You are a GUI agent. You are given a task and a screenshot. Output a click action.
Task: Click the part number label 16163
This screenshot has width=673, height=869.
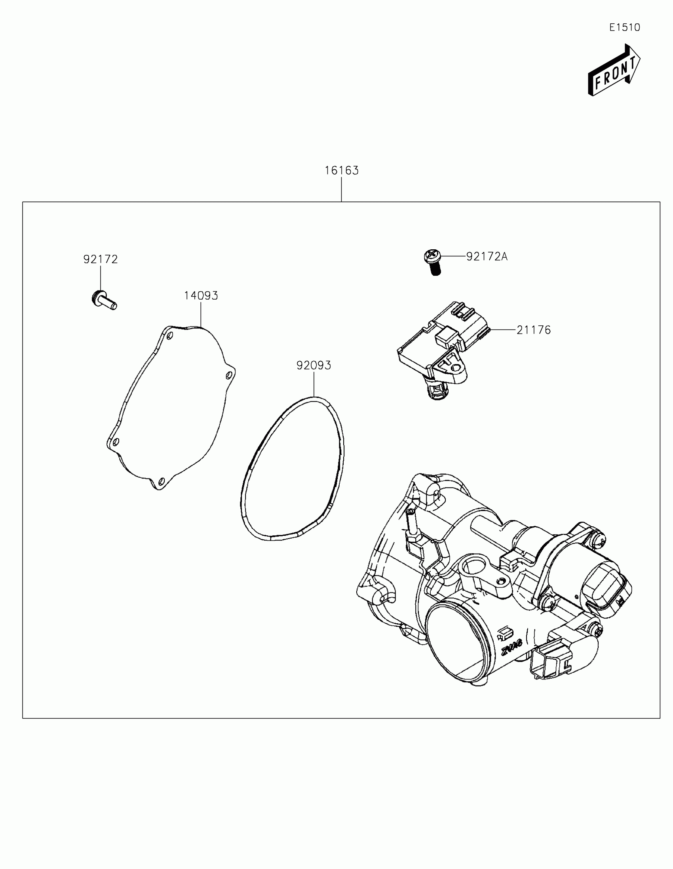point(342,171)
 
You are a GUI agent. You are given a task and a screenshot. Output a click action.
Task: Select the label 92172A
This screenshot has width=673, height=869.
point(487,257)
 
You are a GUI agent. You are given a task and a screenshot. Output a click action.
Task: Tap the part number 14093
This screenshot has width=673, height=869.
point(201,296)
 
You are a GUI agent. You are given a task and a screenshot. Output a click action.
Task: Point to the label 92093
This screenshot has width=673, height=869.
point(314,365)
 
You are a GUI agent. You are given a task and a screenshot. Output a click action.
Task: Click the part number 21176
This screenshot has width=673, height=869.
point(534,330)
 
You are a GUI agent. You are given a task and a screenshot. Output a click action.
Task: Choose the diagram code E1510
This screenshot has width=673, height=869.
point(625,27)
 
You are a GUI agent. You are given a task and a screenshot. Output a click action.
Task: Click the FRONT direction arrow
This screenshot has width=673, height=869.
point(614,70)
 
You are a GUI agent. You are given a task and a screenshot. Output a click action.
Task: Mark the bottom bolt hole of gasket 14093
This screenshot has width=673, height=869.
point(161,481)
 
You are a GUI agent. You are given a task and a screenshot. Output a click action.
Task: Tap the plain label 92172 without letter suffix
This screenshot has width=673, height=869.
point(100,260)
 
